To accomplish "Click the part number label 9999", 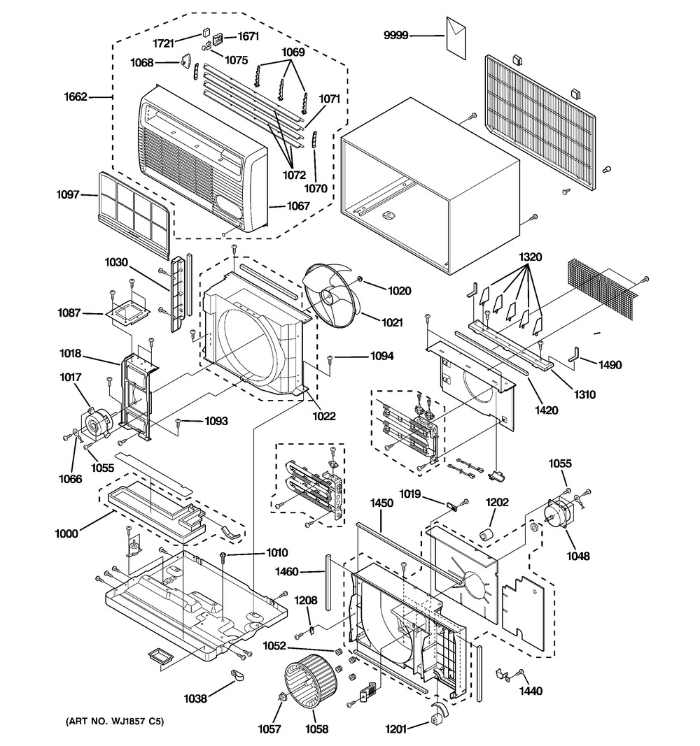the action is coord(396,35).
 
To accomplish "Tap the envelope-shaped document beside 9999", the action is coord(456,38).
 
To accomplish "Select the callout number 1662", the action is coord(76,97).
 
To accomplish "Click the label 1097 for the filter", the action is coord(68,194).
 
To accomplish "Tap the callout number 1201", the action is coord(396,729).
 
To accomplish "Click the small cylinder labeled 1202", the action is coord(486,535).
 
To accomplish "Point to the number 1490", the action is coord(610,365).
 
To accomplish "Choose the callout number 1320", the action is coord(530,257).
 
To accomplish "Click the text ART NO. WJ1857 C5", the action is coord(115,722).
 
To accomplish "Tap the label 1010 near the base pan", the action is coord(276,552).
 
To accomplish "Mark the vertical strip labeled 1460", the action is coord(328,582).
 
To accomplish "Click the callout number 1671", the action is coord(248,36).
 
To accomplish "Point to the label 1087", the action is coord(69,313).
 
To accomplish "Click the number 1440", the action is coord(531,691).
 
